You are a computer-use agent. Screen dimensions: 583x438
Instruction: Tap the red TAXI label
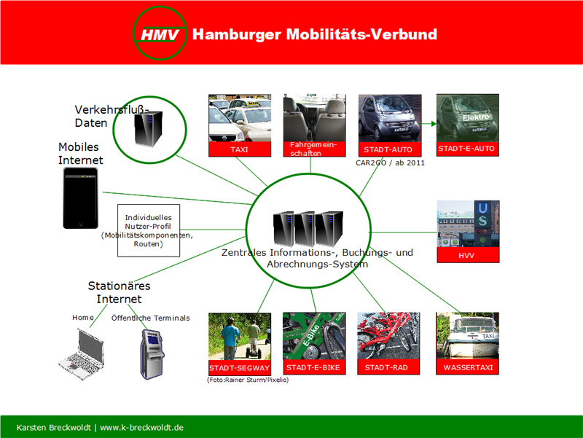click(240, 149)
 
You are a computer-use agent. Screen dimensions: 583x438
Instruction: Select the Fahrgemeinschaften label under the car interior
click(314, 149)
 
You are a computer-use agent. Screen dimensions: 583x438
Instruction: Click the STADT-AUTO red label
click(389, 149)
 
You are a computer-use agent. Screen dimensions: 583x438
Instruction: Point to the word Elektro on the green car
click(476, 117)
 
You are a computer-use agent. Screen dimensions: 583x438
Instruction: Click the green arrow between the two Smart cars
click(429, 124)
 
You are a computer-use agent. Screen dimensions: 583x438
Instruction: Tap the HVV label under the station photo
click(468, 255)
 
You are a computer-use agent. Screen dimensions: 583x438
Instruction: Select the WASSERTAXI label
click(467, 367)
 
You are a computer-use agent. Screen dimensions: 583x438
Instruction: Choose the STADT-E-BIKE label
click(314, 367)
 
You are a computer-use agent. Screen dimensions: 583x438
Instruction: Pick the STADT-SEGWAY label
click(240, 368)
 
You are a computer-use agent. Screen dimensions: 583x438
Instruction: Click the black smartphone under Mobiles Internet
click(80, 198)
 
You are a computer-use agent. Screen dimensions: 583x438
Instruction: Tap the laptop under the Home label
click(82, 353)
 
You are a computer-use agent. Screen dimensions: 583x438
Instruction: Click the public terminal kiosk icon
click(152, 354)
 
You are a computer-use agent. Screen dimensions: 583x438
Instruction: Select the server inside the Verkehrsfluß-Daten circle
click(149, 129)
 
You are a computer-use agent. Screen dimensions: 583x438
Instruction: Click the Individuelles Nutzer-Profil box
click(149, 230)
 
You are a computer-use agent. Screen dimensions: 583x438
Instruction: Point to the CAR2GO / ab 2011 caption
click(390, 163)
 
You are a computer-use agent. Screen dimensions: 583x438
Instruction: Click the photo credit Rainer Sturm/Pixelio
click(248, 380)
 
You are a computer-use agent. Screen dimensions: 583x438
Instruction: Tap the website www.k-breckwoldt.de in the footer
click(141, 428)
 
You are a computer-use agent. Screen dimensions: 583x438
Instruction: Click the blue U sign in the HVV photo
click(482, 208)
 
